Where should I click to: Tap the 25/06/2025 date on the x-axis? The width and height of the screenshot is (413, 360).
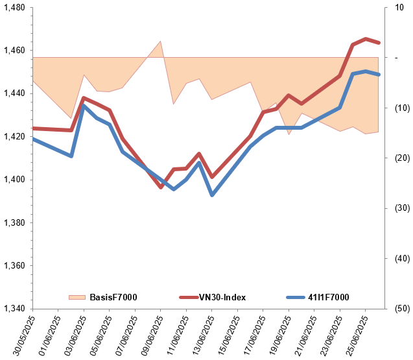[x=353, y=336]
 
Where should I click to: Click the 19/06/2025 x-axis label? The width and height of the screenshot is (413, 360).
[x=276, y=336]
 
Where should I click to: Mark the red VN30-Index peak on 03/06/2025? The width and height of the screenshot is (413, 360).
[x=84, y=98]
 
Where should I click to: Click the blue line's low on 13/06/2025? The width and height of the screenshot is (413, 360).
[x=212, y=195]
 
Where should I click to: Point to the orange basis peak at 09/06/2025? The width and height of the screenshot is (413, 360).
[x=160, y=42]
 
